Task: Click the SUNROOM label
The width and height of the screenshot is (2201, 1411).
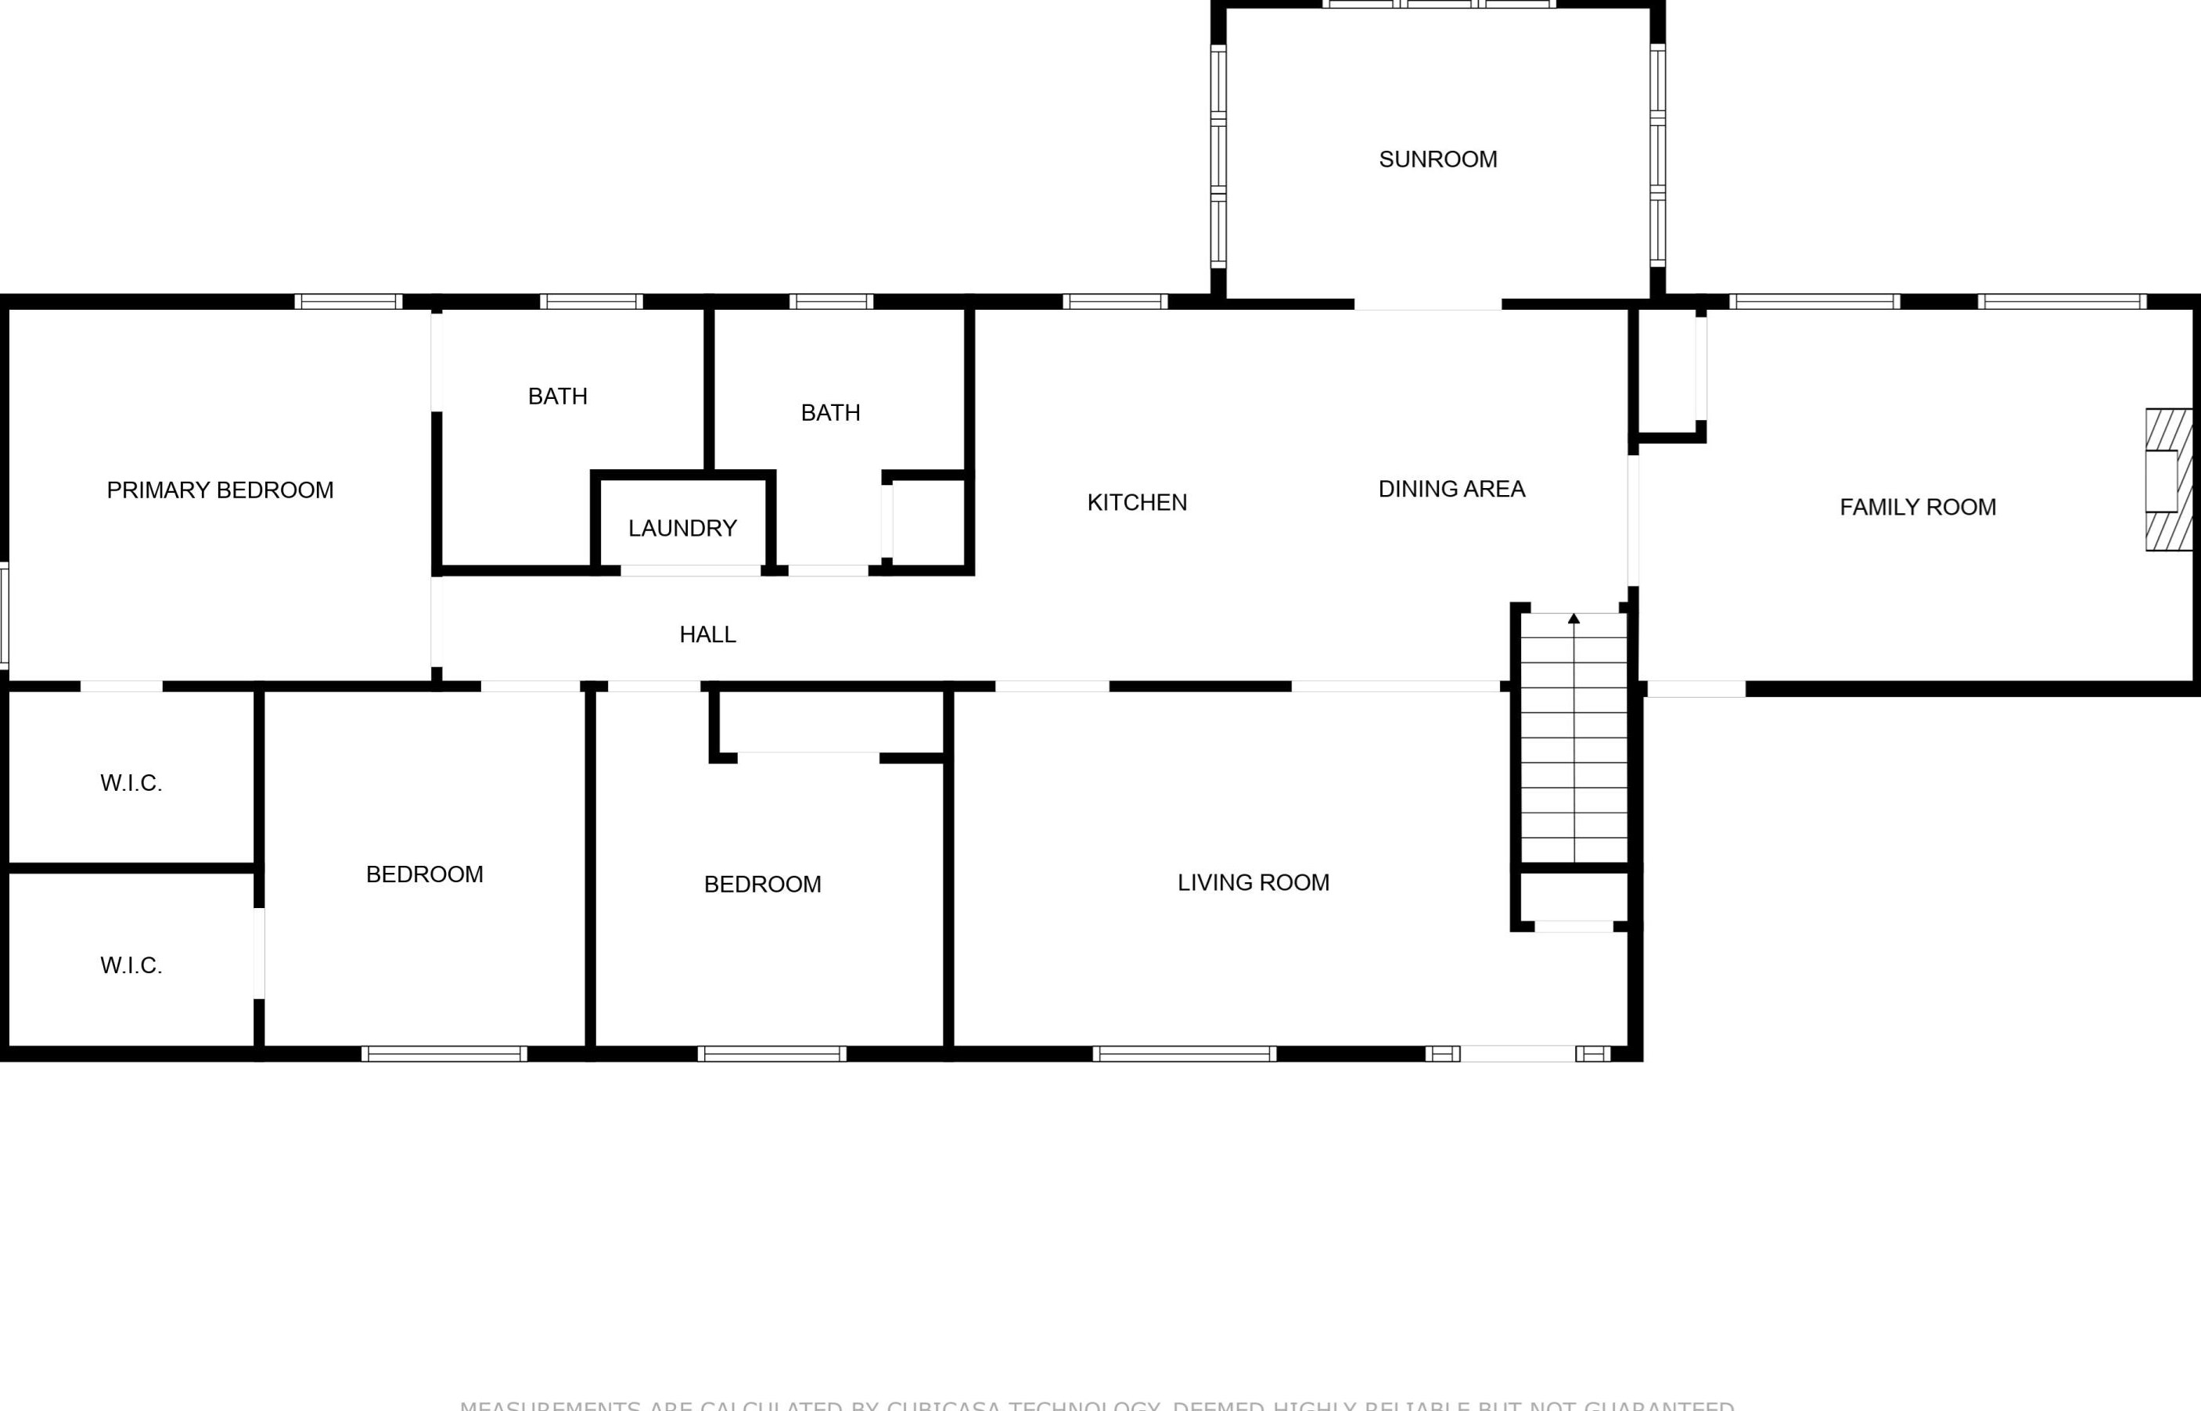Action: pyautogui.click(x=1437, y=160)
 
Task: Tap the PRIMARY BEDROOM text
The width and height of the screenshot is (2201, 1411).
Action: pyautogui.click(x=220, y=490)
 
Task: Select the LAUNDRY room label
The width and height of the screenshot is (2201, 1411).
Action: pyautogui.click(x=682, y=529)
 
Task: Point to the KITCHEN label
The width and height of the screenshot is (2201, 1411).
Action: pyautogui.click(x=1137, y=503)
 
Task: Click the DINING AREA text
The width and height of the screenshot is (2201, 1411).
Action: pyautogui.click(x=1451, y=490)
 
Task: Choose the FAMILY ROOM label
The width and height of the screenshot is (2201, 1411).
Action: pyautogui.click(x=1918, y=508)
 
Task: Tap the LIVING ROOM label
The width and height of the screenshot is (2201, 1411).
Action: pyautogui.click(x=1253, y=882)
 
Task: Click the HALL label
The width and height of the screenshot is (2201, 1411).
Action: pyautogui.click(x=707, y=635)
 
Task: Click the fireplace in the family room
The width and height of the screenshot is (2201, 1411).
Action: pyautogui.click(x=2168, y=480)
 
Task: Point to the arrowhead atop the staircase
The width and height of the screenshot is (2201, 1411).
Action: pyautogui.click(x=1574, y=619)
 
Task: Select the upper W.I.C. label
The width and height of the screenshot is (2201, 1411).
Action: pyautogui.click(x=131, y=784)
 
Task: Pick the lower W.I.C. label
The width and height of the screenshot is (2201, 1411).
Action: pyautogui.click(x=131, y=966)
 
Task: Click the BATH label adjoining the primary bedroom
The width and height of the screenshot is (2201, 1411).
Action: pyautogui.click(x=557, y=397)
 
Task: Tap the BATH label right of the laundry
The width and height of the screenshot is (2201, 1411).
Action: pyautogui.click(x=830, y=413)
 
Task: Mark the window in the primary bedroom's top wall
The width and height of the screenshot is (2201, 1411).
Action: pyautogui.click(x=348, y=301)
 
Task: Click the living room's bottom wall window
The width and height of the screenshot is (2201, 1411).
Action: pyautogui.click(x=1184, y=1054)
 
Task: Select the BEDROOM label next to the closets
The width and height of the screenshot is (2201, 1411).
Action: pyautogui.click(x=424, y=875)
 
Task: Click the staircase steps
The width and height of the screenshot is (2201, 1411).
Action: pyautogui.click(x=1574, y=742)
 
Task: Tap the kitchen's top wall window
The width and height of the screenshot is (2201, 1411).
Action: pyautogui.click(x=1115, y=301)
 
